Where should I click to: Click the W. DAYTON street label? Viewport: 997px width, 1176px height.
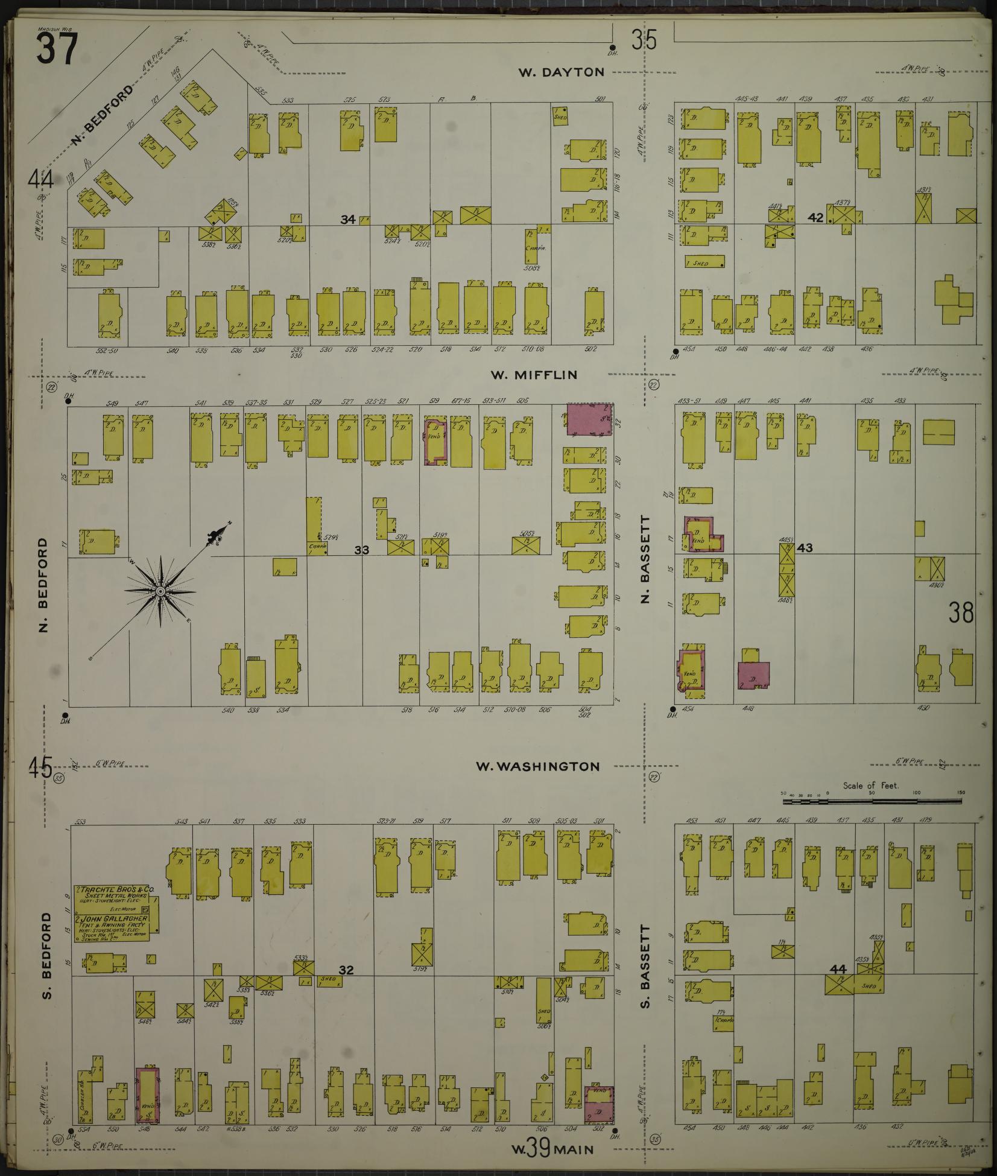coord(561,72)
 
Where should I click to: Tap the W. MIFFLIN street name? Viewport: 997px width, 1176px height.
coord(533,375)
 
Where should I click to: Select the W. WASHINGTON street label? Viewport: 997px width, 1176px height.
coord(537,766)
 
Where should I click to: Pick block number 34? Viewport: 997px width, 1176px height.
coord(347,220)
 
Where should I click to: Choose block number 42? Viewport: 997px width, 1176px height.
coord(815,218)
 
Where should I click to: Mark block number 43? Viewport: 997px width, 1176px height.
coord(805,548)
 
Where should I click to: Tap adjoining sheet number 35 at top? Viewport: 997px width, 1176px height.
coord(644,41)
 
